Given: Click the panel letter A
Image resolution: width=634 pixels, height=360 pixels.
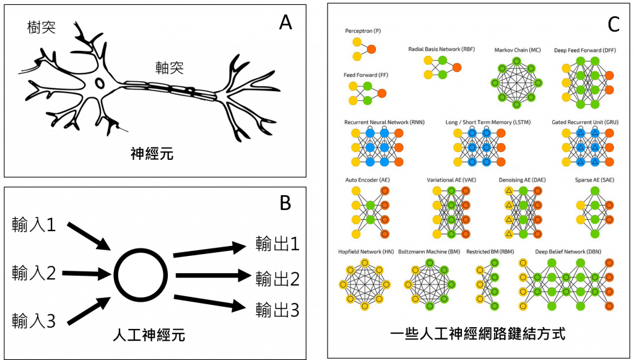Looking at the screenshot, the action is pos(285,22).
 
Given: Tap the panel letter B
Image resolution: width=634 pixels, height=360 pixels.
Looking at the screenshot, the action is pos(285,202).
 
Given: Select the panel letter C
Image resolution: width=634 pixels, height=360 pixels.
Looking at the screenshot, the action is pos(614,24).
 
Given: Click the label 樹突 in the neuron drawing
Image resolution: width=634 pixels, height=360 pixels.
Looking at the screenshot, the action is pos(41,27).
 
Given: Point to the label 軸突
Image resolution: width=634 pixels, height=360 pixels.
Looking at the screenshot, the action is pos(170,68).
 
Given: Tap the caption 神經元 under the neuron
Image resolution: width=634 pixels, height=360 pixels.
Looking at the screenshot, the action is pos(152,154).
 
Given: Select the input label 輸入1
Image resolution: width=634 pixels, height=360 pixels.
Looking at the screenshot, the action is pos(33,224).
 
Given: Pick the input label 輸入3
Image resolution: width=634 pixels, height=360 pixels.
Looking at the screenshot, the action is pos(33,321).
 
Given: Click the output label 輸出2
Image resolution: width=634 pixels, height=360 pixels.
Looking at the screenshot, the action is pos(277,279).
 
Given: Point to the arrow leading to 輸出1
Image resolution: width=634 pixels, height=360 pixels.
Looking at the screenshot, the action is pos(209,249).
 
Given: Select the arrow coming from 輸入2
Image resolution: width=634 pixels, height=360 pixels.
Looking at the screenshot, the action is pos(87,274).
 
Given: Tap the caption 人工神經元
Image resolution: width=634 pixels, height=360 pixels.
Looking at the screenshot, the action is pos(149,335).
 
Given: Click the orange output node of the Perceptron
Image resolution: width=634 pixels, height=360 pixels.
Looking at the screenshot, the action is pos(371,50).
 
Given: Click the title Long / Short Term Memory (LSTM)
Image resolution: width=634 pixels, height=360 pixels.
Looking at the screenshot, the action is pos(488,122).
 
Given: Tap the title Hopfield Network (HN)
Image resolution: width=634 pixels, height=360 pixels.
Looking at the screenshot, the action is pos(366,252).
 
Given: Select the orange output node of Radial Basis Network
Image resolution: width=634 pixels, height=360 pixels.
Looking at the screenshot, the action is pos(457,68).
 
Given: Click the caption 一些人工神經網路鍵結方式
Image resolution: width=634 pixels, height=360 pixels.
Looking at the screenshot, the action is pos(478,334).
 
